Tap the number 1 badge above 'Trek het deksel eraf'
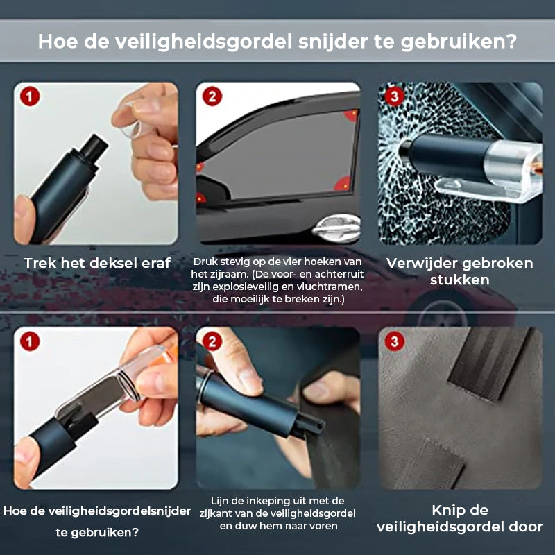pos(28,96)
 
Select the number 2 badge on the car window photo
pos(211,96)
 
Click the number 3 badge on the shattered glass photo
pos(393,96)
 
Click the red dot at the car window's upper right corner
pos(353,113)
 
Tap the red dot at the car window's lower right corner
pos(342,183)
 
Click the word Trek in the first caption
pos(42,264)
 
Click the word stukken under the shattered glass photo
pos(459,280)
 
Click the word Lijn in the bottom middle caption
pos(223,501)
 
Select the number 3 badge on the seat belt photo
pos(393,341)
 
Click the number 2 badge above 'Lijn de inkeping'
pos(211,341)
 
